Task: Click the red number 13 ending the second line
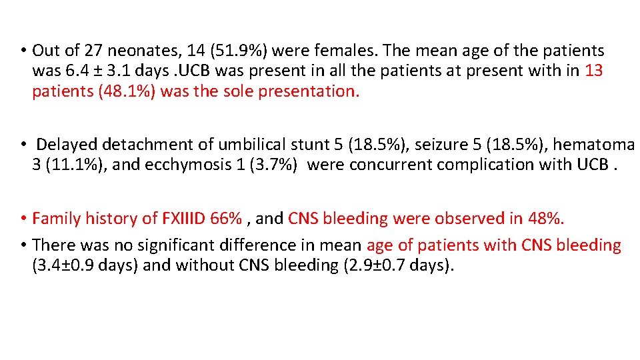(594, 71)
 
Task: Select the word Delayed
(67, 144)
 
